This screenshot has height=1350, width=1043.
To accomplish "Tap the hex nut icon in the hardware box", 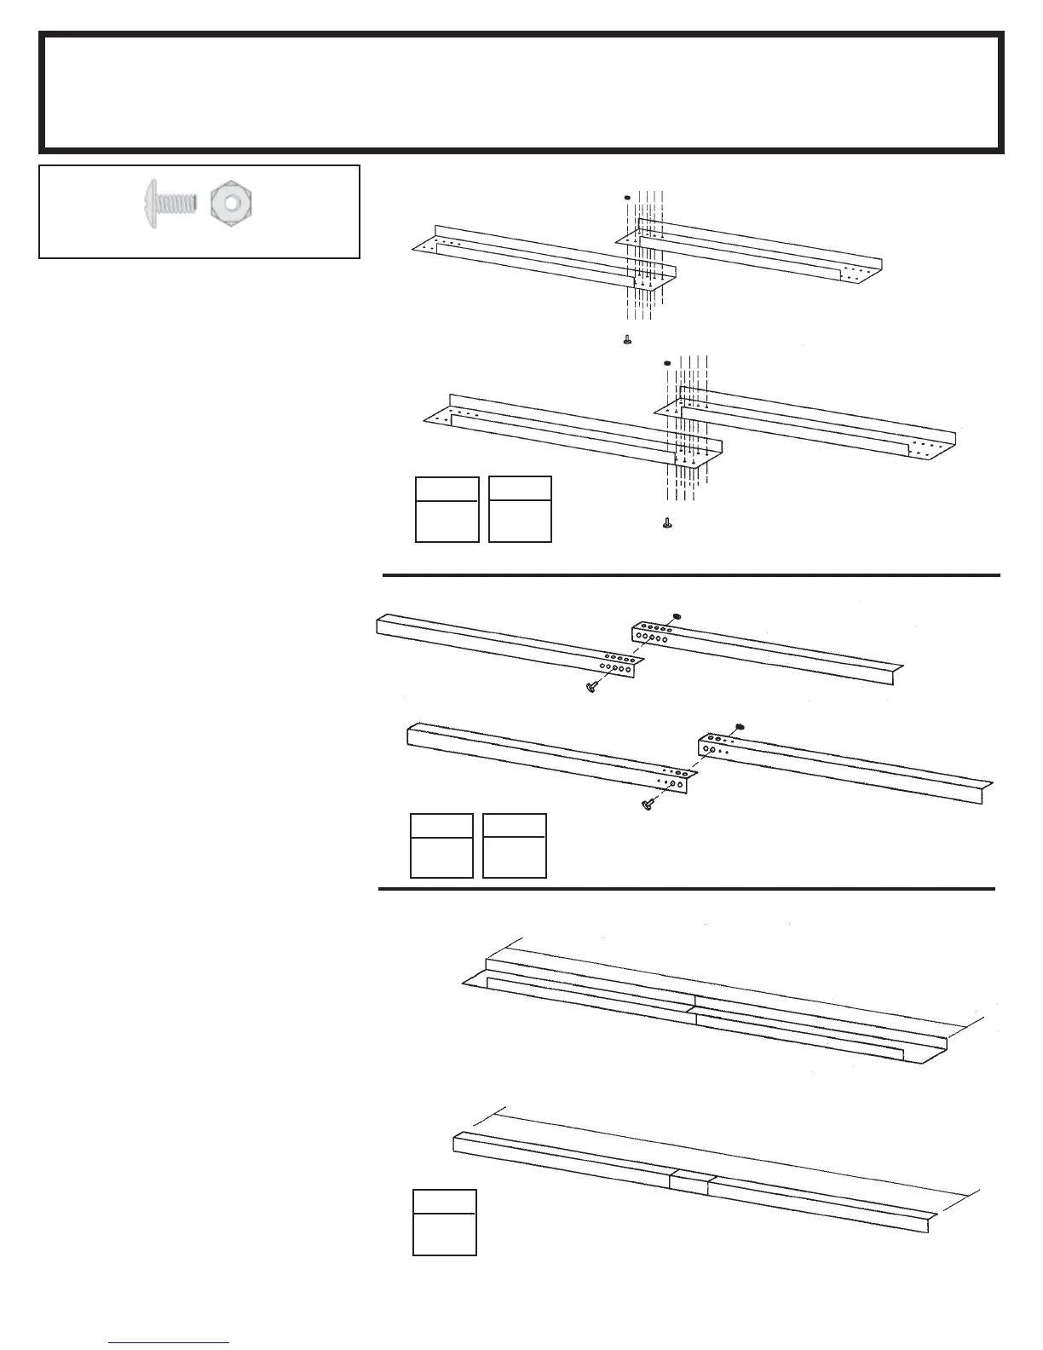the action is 231,204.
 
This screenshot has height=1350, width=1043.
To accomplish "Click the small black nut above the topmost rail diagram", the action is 626,198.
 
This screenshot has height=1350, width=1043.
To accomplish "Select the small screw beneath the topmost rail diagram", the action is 627,339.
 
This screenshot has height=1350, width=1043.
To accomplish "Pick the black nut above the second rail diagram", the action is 667,364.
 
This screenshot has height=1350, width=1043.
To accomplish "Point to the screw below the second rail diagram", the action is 666,522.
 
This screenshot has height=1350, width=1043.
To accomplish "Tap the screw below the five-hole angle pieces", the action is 589,687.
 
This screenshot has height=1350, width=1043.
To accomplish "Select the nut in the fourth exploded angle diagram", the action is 740,725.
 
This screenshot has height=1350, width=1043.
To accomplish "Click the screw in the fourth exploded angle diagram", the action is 650,803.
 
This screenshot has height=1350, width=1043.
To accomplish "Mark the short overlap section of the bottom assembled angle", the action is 689,1181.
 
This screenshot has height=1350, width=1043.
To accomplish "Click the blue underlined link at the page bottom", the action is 170,1343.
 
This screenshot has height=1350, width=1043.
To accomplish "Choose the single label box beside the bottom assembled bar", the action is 444,1222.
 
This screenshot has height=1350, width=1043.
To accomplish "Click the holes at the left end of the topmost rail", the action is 446,245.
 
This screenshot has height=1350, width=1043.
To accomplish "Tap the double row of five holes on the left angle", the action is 613,664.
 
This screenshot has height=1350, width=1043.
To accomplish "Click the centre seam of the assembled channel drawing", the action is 694,1007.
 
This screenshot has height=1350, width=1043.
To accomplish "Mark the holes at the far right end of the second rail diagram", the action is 924,449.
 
